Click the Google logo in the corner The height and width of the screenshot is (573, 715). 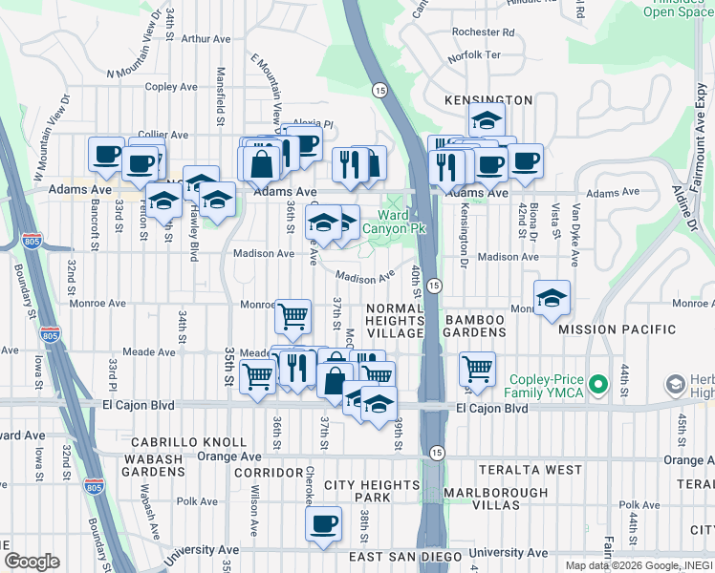[x=32, y=561]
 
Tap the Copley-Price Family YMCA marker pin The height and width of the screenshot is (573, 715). [x=598, y=386]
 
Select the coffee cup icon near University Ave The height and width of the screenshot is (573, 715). [x=323, y=523]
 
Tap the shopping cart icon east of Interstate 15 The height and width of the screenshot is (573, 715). [x=476, y=367]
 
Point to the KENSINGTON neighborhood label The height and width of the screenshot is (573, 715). [x=487, y=99]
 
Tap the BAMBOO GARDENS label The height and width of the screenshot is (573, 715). [x=474, y=325]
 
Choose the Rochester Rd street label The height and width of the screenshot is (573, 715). [x=484, y=32]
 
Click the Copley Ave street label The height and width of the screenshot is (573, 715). [x=171, y=87]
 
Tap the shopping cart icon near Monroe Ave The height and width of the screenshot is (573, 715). [x=292, y=314]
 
